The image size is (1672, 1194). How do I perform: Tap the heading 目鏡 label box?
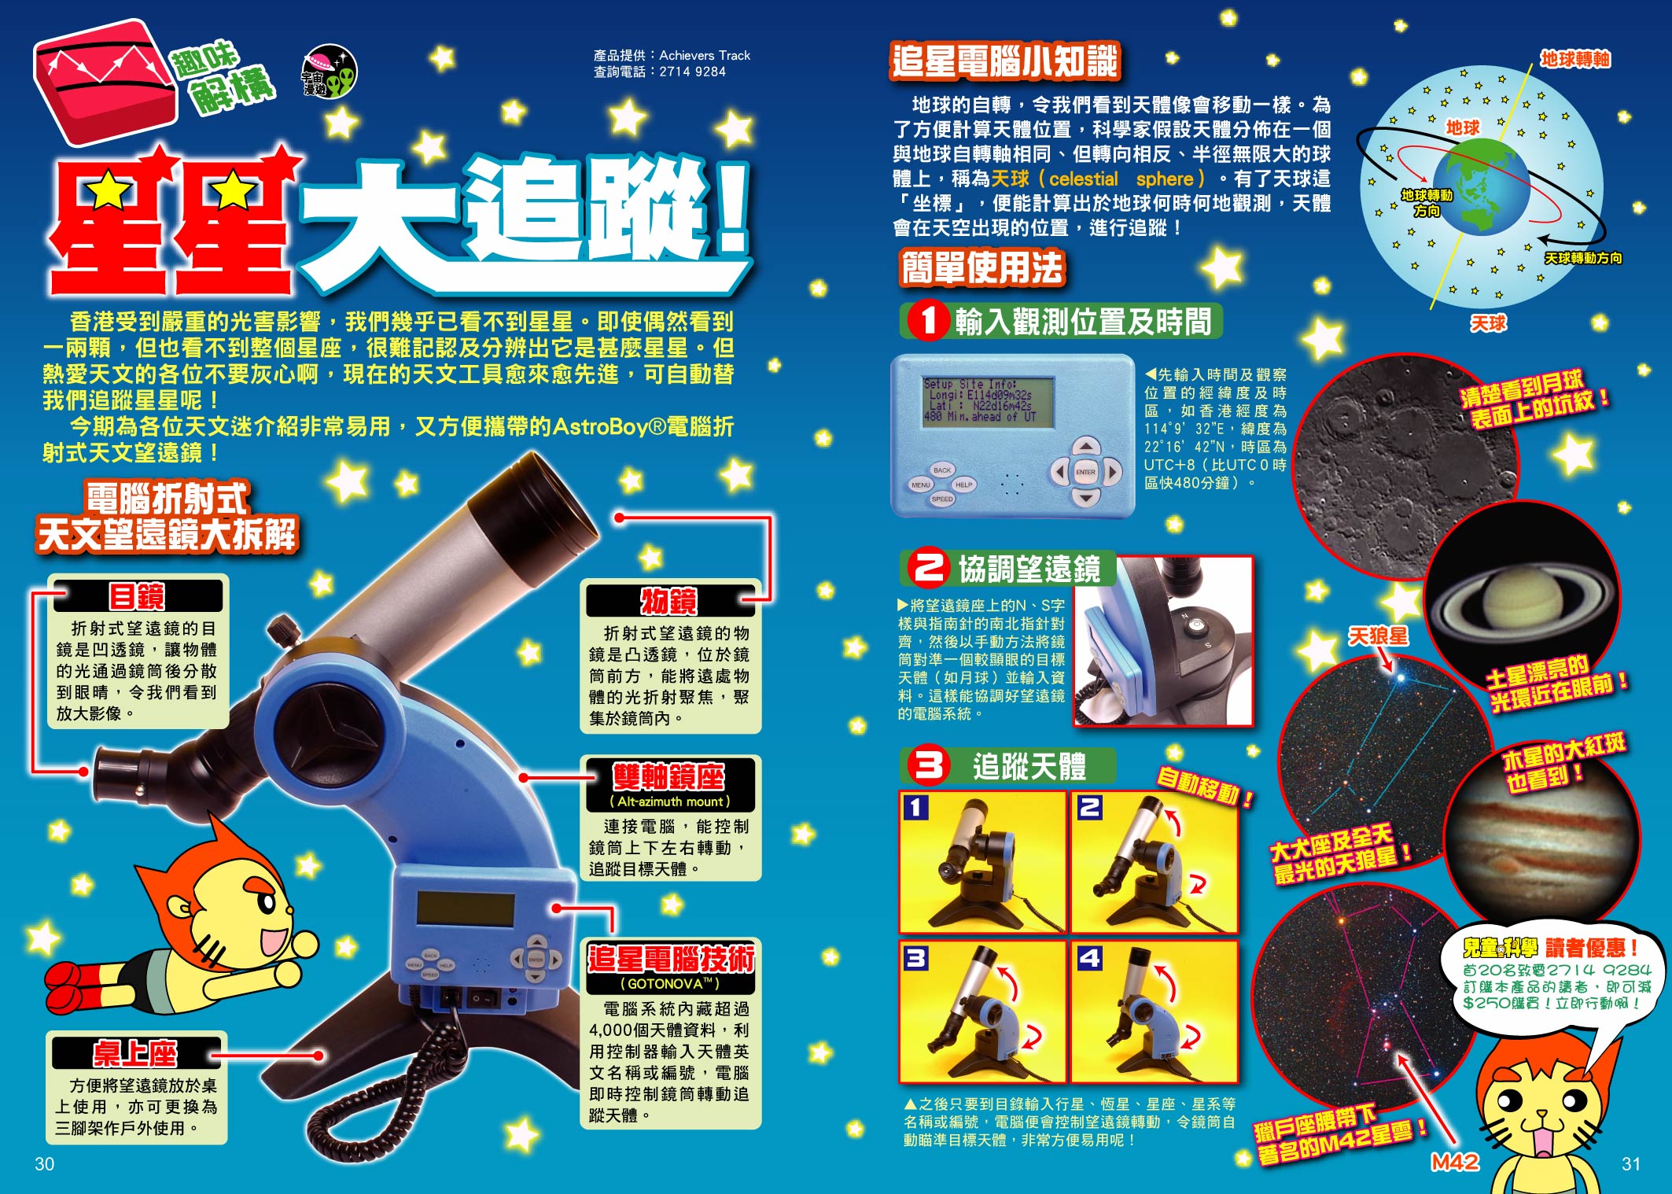point(137,596)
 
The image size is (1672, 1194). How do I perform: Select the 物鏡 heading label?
point(670,601)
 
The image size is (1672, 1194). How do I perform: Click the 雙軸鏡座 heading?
point(669,776)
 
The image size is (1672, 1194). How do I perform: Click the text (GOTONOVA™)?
point(670,983)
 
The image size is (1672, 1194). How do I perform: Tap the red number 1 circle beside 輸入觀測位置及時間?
point(928,321)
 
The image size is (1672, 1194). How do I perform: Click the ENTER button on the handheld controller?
point(1085,472)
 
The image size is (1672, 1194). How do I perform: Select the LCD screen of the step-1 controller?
point(989,402)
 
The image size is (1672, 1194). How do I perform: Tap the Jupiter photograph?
point(1541,831)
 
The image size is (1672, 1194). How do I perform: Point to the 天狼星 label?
point(1378,636)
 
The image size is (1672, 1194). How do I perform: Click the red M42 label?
point(1455,1162)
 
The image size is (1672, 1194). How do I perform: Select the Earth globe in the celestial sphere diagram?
point(1479,187)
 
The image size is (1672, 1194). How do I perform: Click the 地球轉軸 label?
point(1575,59)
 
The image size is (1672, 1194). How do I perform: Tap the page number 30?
point(45,1163)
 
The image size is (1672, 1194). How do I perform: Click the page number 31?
point(1631,1163)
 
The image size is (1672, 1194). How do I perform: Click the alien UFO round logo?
point(330,72)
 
